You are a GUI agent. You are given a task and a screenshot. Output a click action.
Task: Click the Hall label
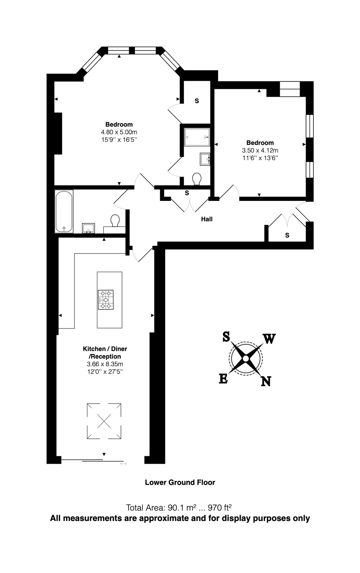(x=206, y=219)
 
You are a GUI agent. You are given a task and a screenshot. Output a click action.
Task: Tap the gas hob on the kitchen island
(x=106, y=300)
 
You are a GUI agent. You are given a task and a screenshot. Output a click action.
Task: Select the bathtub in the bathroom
(x=64, y=211)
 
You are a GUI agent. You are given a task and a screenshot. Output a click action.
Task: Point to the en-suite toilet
(x=196, y=179)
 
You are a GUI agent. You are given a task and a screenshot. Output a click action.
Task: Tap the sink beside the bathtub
(x=88, y=228)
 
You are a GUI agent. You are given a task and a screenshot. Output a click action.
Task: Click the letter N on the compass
(x=266, y=381)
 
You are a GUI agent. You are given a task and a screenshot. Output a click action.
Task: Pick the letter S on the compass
(x=226, y=337)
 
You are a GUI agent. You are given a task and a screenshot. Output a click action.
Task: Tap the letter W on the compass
(x=269, y=339)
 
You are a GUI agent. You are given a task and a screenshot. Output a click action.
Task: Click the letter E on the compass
(x=223, y=379)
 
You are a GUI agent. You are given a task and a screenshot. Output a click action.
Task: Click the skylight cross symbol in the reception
(x=104, y=421)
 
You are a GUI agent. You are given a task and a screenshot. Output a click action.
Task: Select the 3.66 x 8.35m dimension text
(x=105, y=364)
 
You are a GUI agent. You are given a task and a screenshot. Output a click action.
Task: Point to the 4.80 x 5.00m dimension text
(x=119, y=132)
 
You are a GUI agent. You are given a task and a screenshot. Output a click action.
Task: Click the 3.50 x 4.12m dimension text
(x=260, y=150)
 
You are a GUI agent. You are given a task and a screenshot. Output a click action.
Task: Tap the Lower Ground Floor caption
(x=180, y=482)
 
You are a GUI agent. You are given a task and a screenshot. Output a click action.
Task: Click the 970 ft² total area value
(x=220, y=507)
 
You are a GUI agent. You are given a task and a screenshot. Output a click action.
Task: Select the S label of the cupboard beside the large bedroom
(x=196, y=101)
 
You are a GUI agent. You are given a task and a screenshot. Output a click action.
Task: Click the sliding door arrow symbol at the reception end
(x=123, y=464)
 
